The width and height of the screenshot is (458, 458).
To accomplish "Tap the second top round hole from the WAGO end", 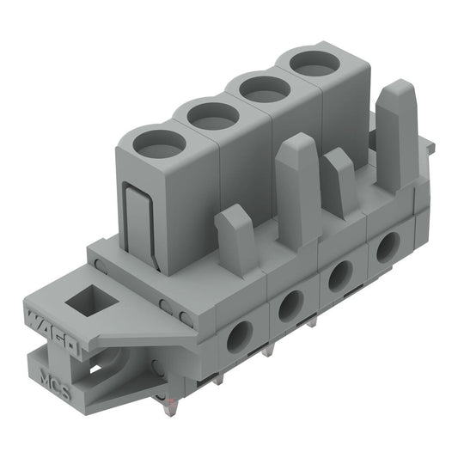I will tap(212, 114).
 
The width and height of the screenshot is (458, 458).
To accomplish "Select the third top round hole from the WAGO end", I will tap(263, 88).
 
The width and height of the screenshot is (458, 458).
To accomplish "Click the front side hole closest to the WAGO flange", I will tap(238, 336).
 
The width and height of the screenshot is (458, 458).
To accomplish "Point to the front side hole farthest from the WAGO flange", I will tap(387, 247).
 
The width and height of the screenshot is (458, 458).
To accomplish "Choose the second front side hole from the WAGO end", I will tap(290, 305).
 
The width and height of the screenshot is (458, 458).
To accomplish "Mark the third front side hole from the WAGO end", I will tap(339, 276).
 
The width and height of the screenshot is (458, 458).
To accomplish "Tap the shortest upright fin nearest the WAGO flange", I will tap(236, 239).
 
